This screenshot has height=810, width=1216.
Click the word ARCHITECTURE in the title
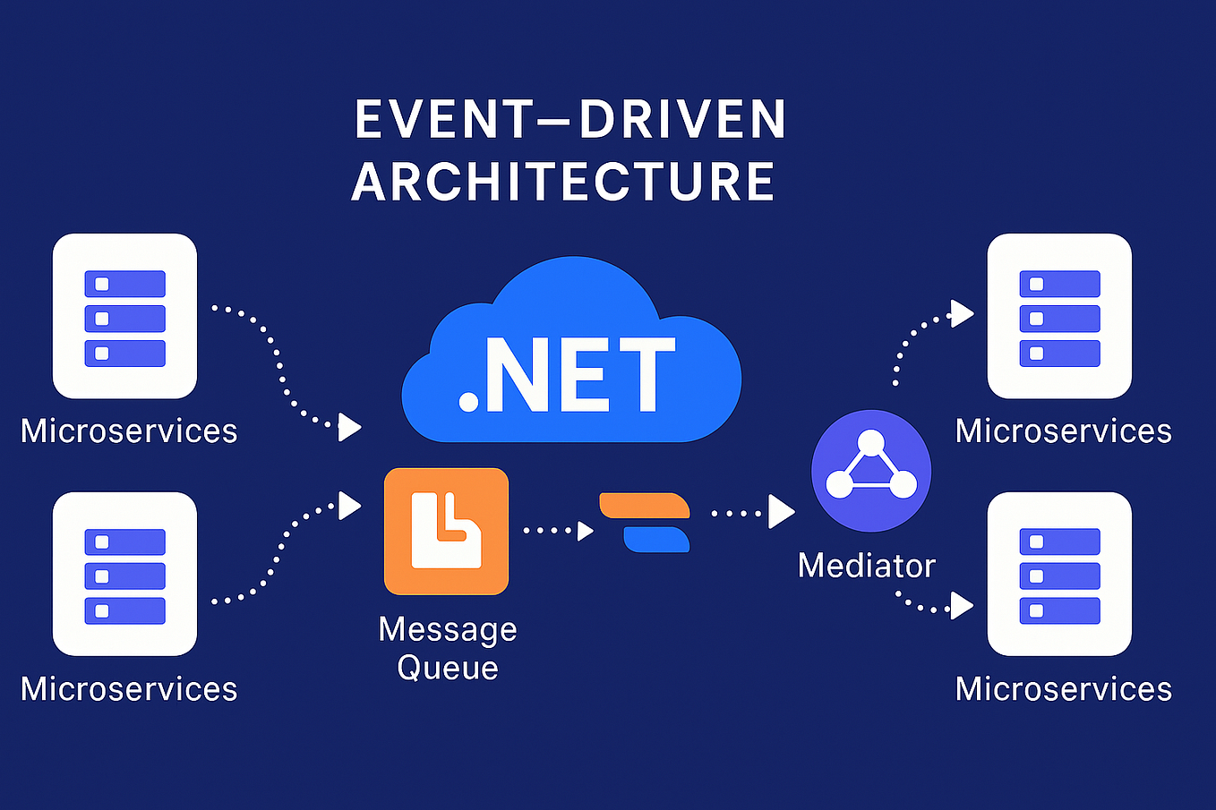pos(563,182)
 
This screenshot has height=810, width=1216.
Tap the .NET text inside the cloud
pos(568,376)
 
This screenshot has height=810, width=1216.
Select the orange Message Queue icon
pos(446,531)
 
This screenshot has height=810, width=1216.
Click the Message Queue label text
pos(448,648)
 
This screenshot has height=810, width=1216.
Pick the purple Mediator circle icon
pos(870,471)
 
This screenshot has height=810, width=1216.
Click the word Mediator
pos(866,566)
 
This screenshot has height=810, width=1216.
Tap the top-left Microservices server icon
pos(124,316)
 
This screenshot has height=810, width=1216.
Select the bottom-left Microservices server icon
pos(124,574)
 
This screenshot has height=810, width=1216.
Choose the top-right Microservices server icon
pos(1059,316)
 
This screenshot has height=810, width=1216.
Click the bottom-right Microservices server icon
pos(1059,574)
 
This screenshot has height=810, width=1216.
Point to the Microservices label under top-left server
pos(129,431)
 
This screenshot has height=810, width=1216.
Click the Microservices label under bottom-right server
pos(1063,689)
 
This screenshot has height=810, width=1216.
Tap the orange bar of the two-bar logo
pos(644,506)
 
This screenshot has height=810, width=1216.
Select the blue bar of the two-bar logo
pos(656,540)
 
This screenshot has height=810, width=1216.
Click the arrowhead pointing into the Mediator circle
pos(781,513)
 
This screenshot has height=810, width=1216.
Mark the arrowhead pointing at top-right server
pos(962,313)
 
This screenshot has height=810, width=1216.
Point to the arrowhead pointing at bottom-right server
pos(962,606)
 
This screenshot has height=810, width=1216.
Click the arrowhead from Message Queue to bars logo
pos(586,531)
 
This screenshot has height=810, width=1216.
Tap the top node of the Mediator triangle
pos(870,442)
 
